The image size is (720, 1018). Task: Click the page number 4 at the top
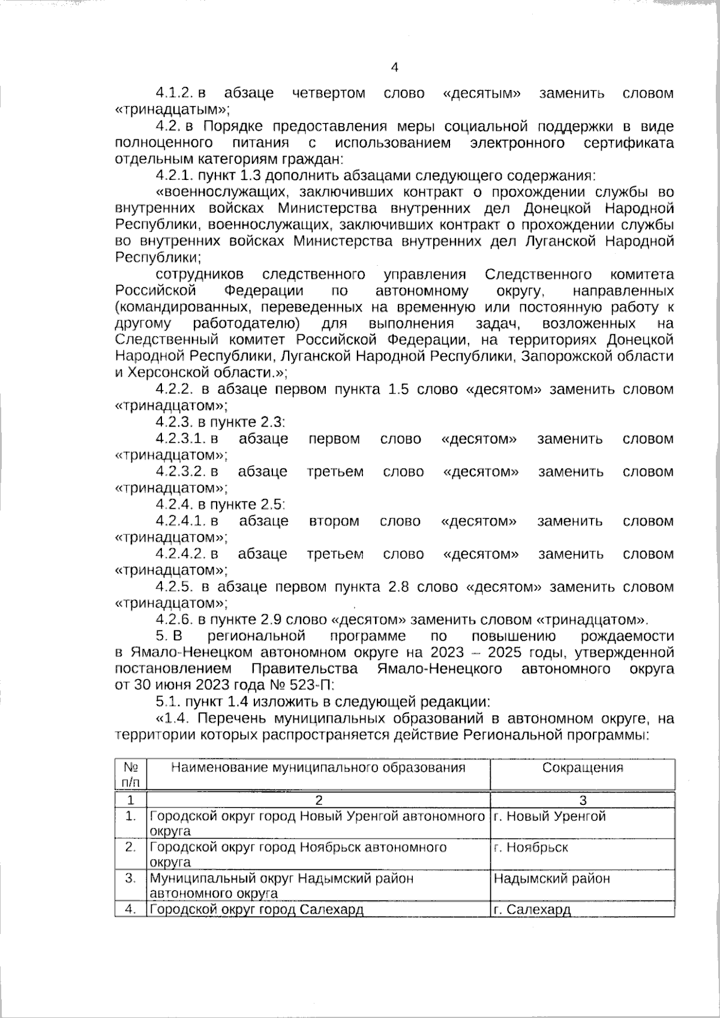[x=394, y=68]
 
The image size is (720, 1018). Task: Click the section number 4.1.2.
[x=173, y=94]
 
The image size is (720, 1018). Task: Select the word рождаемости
[x=627, y=636]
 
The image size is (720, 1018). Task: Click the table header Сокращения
[x=582, y=768]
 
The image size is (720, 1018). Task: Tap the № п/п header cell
[x=131, y=774]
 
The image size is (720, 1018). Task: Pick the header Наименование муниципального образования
[x=318, y=768]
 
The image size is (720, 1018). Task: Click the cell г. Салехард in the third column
[x=532, y=909]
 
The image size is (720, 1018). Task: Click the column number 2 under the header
[x=319, y=800]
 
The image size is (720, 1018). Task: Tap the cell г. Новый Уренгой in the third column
[x=549, y=816]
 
